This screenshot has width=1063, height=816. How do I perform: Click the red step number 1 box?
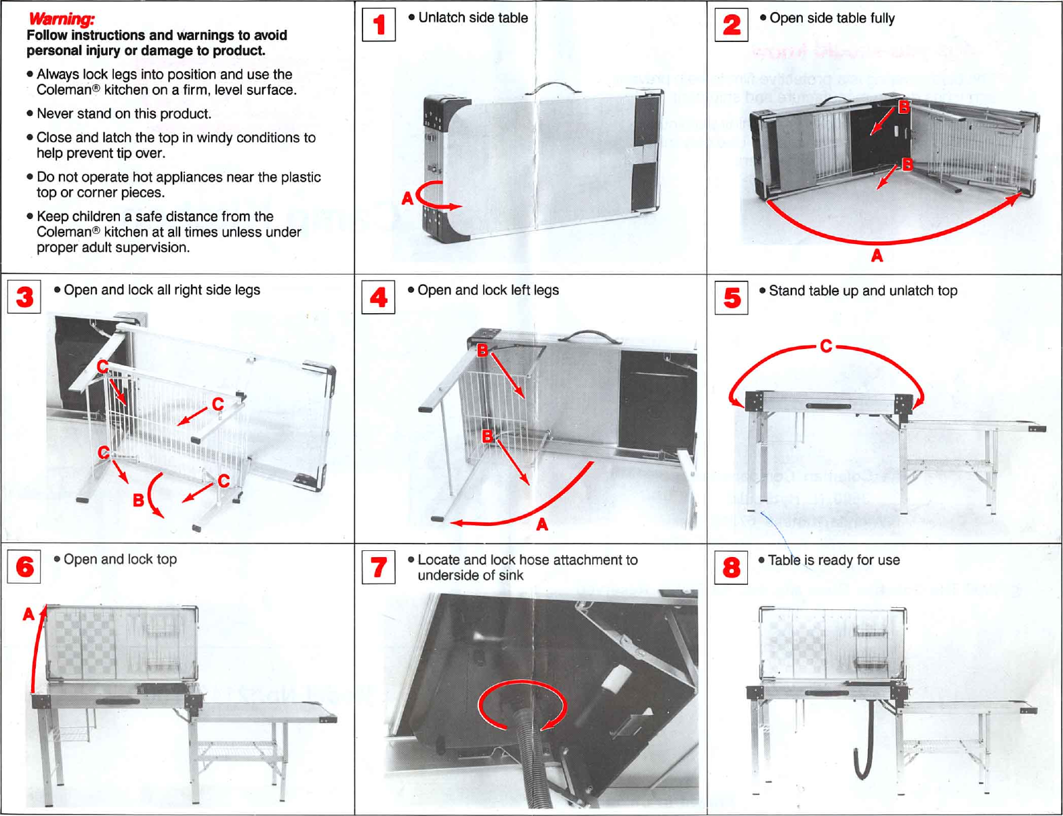(x=379, y=25)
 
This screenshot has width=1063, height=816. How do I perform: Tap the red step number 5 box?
(x=732, y=298)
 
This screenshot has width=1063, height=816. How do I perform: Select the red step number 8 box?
(x=732, y=567)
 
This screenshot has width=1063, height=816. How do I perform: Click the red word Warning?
(x=62, y=19)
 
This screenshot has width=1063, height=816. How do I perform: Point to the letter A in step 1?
(x=407, y=199)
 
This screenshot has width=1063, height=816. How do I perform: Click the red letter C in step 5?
(x=826, y=346)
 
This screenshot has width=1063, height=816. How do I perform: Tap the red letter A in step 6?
(x=28, y=615)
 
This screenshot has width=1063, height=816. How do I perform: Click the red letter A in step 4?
(x=542, y=525)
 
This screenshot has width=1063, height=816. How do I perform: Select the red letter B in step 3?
(x=138, y=500)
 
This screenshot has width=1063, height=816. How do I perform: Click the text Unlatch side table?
(x=472, y=18)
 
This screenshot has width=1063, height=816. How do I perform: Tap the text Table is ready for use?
(x=833, y=560)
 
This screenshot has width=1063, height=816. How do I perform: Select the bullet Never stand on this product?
(x=123, y=114)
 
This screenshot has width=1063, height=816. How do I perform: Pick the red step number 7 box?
(x=379, y=567)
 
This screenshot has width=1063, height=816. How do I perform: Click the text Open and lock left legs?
(x=488, y=290)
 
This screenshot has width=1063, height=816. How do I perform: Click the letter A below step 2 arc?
(x=877, y=256)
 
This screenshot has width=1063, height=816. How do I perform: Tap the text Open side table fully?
(x=831, y=18)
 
